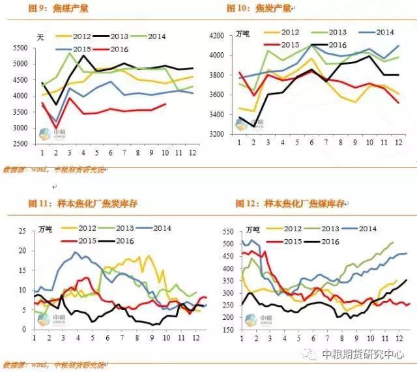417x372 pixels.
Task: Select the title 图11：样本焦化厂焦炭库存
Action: pyautogui.click(x=82, y=205)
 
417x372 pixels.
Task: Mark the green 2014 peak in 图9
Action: pyautogui.click(x=70, y=53)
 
